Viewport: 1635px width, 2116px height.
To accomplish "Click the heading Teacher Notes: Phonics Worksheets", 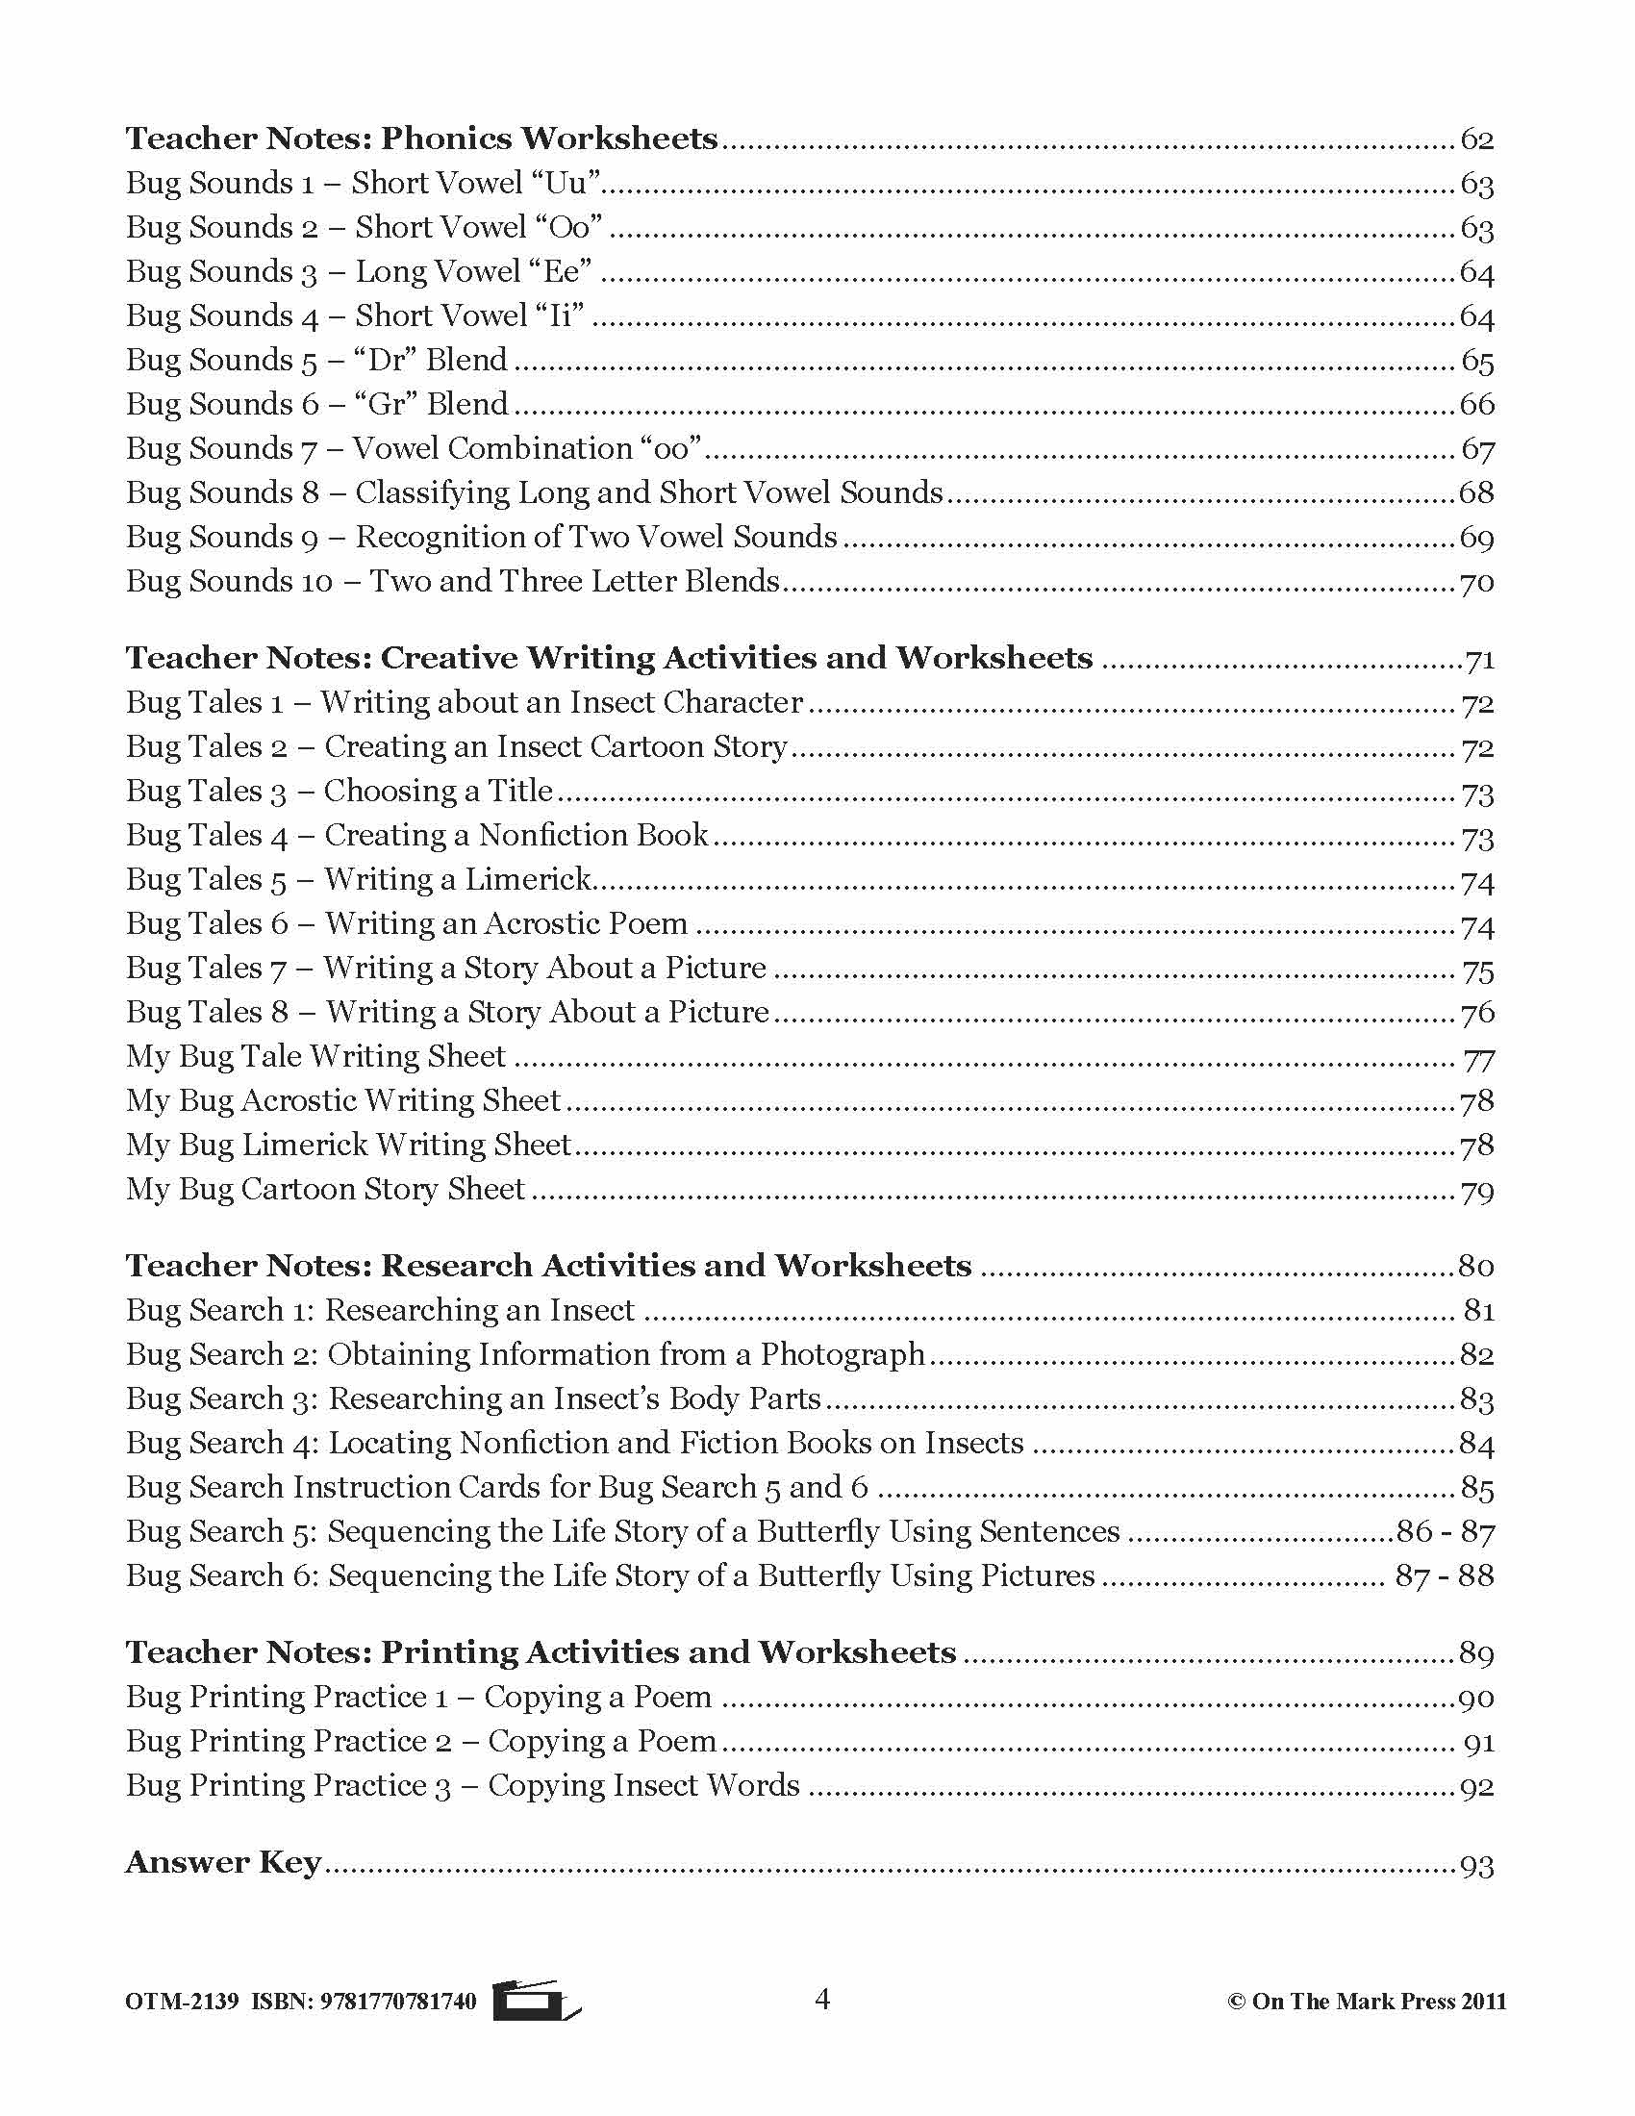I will pyautogui.click(x=421, y=139).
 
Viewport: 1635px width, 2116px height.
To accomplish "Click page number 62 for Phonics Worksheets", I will pyautogui.click(x=1476, y=140).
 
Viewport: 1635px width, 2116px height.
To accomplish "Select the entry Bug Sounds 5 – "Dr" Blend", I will pyautogui.click(x=316, y=361).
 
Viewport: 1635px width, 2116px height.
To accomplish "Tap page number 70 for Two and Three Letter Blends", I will pyautogui.click(x=1476, y=583).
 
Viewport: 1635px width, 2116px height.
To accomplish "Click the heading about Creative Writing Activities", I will pyautogui.click(x=608, y=658).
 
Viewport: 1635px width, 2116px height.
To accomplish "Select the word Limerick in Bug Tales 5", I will pyautogui.click(x=528, y=880).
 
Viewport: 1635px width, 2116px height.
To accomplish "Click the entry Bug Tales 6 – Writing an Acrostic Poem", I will pyautogui.click(x=407, y=924).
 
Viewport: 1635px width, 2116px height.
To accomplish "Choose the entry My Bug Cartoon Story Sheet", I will pyautogui.click(x=325, y=1190).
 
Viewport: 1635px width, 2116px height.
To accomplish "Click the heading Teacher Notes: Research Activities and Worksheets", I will pyautogui.click(x=548, y=1267).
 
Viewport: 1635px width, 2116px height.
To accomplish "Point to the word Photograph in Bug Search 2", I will pyautogui.click(x=842, y=1355).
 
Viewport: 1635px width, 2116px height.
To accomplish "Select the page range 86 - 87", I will pyautogui.click(x=1445, y=1533).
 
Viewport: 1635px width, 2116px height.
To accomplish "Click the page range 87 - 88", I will pyautogui.click(x=1445, y=1576).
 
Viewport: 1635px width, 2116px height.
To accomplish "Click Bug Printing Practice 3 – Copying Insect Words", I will pyautogui.click(x=463, y=1786).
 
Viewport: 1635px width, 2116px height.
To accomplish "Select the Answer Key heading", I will pyautogui.click(x=223, y=1862).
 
